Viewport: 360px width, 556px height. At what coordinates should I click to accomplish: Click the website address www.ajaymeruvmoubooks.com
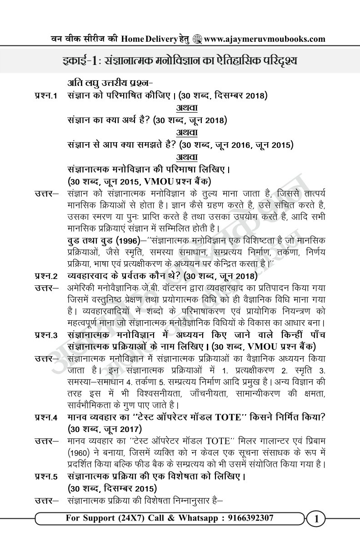(x=265, y=39)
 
